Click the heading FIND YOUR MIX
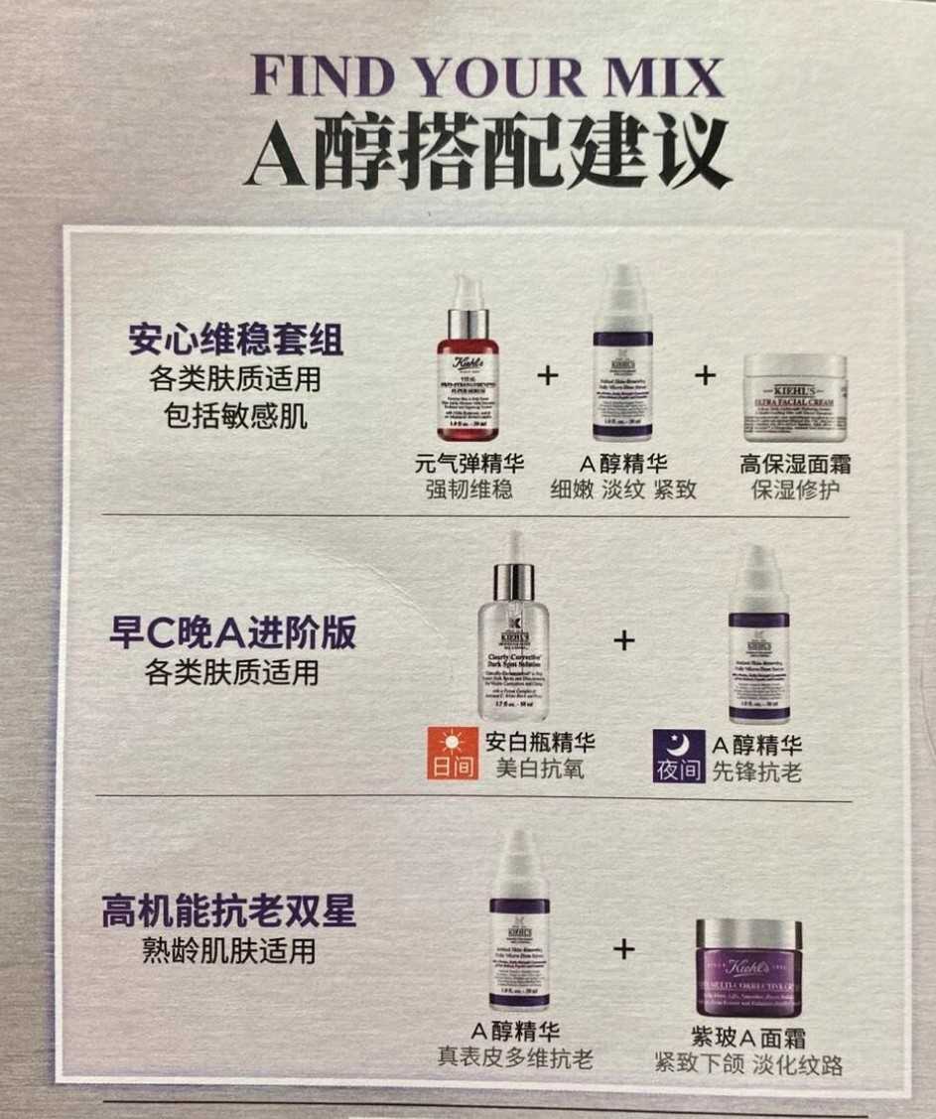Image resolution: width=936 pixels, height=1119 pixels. click(487, 76)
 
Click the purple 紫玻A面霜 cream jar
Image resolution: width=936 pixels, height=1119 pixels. click(747, 967)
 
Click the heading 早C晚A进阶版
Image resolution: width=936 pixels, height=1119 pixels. click(232, 633)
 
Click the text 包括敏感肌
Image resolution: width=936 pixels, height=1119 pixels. click(235, 416)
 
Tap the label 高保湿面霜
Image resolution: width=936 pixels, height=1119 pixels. click(795, 464)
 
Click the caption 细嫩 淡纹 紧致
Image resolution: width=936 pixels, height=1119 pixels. click(623, 490)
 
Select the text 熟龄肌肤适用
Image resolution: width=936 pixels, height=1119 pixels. click(228, 951)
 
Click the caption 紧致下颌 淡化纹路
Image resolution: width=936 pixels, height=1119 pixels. click(748, 1065)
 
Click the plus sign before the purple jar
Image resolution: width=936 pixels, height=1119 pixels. click(623, 949)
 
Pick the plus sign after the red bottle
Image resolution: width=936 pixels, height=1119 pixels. click(547, 375)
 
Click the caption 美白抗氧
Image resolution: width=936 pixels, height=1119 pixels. click(537, 769)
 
